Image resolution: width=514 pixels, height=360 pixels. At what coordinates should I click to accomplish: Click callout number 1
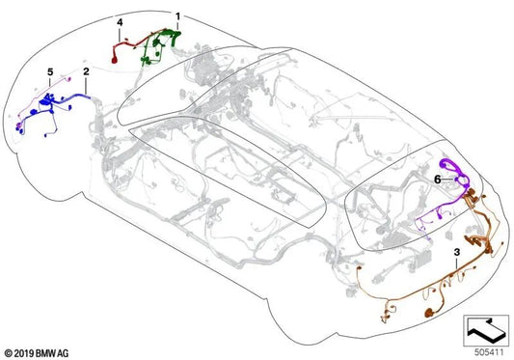tap(177, 16)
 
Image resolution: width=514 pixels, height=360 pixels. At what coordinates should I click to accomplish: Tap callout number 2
tap(86, 72)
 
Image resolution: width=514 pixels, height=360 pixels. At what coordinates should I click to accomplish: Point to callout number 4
tap(120, 21)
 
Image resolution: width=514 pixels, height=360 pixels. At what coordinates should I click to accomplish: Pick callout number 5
tap(50, 72)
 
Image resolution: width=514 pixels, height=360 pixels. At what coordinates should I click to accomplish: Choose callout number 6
tap(437, 179)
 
